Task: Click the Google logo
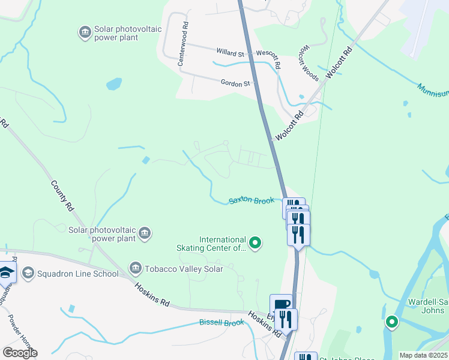pyautogui.click(x=20, y=353)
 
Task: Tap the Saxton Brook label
pyautogui.click(x=251, y=201)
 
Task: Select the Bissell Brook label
pyautogui.click(x=221, y=323)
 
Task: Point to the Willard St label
pyautogui.click(x=233, y=53)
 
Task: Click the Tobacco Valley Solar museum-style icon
pyautogui.click(x=135, y=268)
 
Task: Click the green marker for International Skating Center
pyautogui.click(x=255, y=243)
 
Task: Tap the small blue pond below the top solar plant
pyautogui.click(x=114, y=83)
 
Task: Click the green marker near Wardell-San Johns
pyautogui.click(x=392, y=323)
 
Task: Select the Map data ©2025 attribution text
pyautogui.click(x=423, y=355)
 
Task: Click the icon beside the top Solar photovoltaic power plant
pyautogui.click(x=85, y=31)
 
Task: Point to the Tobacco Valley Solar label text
pyautogui.click(x=182, y=269)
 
